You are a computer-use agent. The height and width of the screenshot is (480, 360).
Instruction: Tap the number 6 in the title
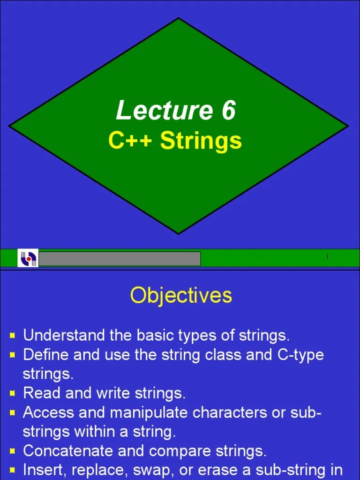[225, 111]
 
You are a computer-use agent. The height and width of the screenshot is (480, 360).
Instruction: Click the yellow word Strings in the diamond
[201, 141]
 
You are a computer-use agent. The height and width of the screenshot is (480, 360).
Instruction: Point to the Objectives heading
[181, 296]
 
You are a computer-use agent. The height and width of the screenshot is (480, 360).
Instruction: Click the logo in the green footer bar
[28, 258]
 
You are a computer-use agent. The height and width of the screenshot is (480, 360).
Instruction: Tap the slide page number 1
[327, 256]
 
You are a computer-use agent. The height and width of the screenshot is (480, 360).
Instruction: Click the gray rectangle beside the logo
[120, 259]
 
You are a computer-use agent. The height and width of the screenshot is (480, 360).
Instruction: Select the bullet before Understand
[13, 336]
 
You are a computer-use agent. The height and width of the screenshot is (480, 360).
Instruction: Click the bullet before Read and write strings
[13, 393]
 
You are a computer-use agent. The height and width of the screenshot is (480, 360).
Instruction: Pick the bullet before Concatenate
[13, 451]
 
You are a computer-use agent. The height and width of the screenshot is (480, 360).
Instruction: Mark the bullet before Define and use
[13, 355]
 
